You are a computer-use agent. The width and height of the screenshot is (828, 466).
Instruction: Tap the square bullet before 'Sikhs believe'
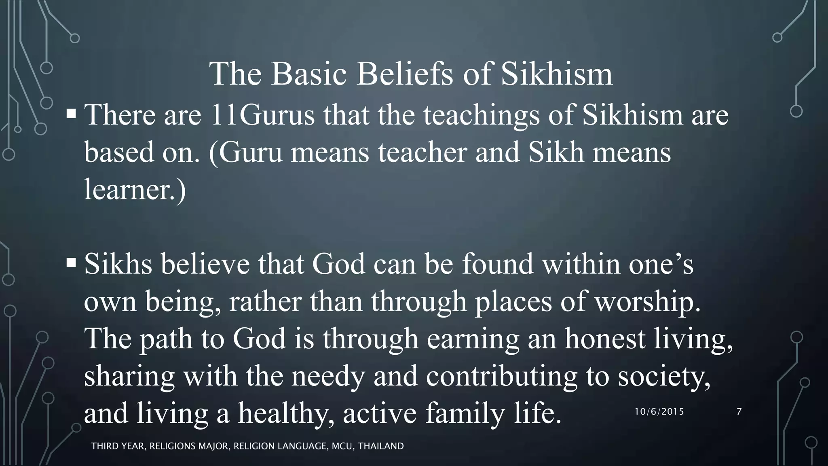pyautogui.click(x=71, y=263)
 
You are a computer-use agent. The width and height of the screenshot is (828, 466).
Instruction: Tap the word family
pyautogui.click(x=465, y=413)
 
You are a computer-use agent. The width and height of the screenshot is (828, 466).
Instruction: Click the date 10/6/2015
pyautogui.click(x=659, y=412)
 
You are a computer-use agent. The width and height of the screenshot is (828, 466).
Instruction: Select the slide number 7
pyautogui.click(x=739, y=412)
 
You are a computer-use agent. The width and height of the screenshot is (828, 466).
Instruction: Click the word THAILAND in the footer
pyautogui.click(x=381, y=446)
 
